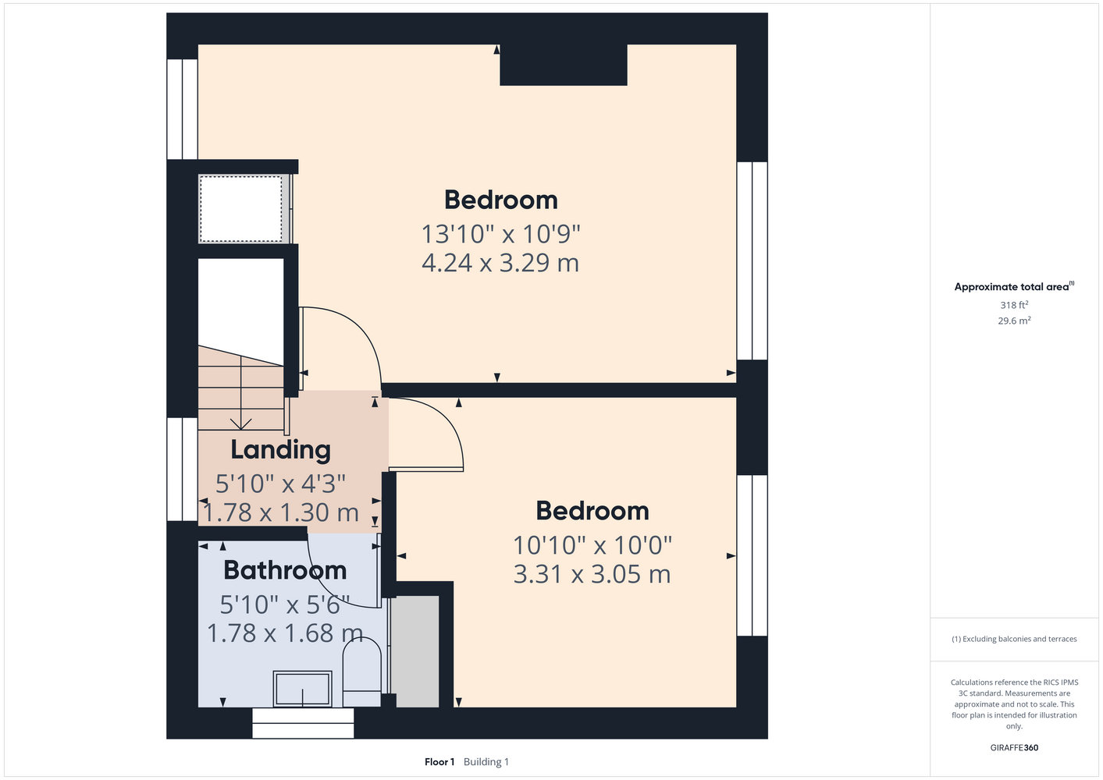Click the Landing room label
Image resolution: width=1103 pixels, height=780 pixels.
click(281, 450)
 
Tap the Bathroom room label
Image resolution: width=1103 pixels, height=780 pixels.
click(285, 570)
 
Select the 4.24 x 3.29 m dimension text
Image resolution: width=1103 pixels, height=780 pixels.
click(500, 263)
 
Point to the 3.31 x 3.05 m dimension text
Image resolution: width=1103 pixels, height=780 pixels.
click(592, 574)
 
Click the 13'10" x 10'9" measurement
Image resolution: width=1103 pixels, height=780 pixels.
click(501, 234)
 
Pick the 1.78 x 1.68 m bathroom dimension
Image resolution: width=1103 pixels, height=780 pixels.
click(285, 633)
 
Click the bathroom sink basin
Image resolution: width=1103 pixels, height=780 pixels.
click(302, 689)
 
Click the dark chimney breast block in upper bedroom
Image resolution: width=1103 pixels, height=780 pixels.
click(564, 65)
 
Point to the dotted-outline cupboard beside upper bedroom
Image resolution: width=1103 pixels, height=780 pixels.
click(240, 209)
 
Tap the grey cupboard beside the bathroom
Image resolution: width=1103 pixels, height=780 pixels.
click(418, 651)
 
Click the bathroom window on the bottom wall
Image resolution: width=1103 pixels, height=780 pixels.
click(303, 723)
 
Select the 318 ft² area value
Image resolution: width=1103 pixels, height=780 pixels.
click(1014, 305)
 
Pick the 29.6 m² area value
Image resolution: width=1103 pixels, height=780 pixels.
click(1014, 321)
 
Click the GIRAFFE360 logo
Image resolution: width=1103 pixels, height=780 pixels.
click(1014, 747)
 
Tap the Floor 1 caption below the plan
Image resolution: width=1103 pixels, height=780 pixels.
click(439, 762)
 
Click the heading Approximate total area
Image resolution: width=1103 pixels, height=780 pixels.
click(1012, 287)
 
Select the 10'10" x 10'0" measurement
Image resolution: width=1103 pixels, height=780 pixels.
click(592, 545)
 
